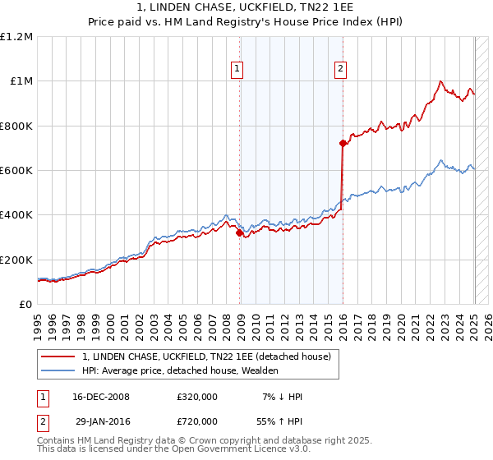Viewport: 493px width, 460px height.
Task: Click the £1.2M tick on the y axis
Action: [x=16, y=37]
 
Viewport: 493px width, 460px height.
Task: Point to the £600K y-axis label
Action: [x=16, y=171]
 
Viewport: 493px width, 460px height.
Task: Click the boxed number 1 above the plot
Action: [x=237, y=70]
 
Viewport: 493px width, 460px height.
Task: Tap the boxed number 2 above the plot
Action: [x=340, y=70]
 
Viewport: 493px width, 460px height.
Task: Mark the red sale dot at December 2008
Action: [x=239, y=233]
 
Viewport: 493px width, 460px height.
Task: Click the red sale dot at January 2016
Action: [x=342, y=144]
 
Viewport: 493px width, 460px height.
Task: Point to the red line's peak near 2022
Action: [x=441, y=81]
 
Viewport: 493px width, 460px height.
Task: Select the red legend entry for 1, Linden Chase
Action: [x=205, y=356]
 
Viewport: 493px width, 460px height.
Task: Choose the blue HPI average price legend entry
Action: [x=180, y=370]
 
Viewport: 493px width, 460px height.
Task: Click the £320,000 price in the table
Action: [x=197, y=397]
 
